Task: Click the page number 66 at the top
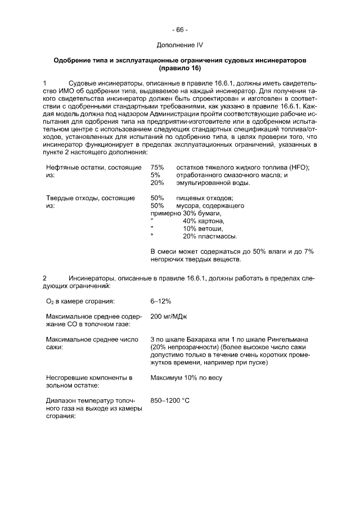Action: coord(180,29)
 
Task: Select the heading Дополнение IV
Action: coord(180,44)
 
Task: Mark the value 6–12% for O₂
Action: coord(161,301)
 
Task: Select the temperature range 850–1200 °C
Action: coord(170,401)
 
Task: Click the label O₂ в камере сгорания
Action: coord(80,301)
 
